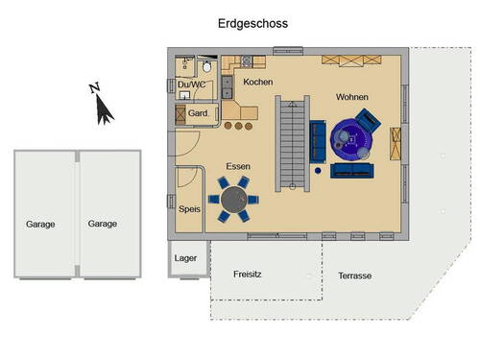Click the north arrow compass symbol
[x=103, y=106]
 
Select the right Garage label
[x=103, y=224]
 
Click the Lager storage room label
[x=185, y=258]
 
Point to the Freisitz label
[x=248, y=275]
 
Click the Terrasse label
[x=354, y=276]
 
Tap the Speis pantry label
[x=189, y=207]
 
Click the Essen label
[x=238, y=167]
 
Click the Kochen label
[x=257, y=83]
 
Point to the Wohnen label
[x=351, y=98]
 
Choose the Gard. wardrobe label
[x=198, y=113]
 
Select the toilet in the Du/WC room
[x=207, y=68]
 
